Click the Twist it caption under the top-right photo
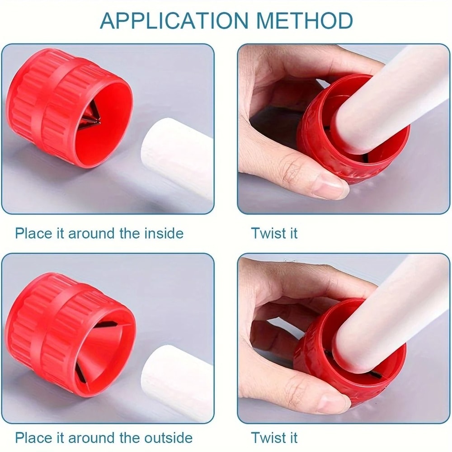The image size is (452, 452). [274, 233]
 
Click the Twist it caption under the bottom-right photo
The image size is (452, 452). [274, 438]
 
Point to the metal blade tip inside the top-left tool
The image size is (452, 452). [97, 119]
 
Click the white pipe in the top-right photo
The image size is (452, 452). [384, 99]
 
